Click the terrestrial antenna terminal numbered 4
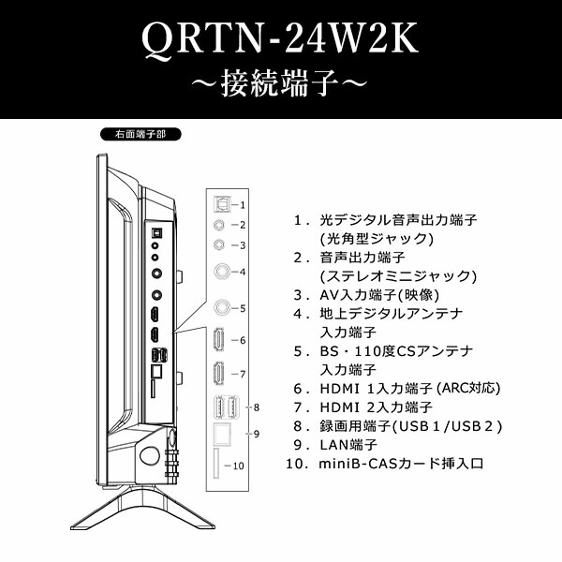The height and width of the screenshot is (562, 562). (221, 272)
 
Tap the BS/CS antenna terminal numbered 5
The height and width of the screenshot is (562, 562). (221, 307)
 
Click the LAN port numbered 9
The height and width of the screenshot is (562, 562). (221, 435)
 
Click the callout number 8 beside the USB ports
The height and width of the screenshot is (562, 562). (256, 407)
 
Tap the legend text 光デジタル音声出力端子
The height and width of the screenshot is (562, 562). (398, 220)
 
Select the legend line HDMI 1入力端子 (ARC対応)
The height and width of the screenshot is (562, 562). (410, 388)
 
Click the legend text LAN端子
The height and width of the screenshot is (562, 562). (348, 444)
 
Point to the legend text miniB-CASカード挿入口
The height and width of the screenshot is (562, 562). (402, 463)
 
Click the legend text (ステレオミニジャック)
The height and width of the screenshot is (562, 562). (398, 276)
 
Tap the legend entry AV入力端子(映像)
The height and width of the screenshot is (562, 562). (385, 295)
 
